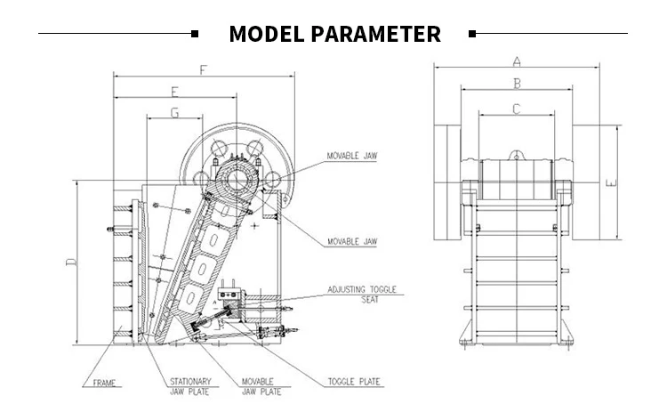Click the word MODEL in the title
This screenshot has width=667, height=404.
(266, 35)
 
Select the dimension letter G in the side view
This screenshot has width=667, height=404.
(174, 113)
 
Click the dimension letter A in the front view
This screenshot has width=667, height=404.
(516, 61)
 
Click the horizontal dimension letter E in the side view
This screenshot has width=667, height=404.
(174, 91)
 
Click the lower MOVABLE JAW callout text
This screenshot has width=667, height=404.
(351, 241)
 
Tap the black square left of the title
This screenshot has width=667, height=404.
(196, 34)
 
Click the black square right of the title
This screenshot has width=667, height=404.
(472, 34)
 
